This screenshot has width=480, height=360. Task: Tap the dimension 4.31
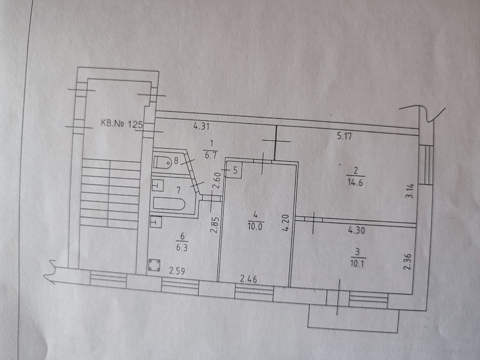[201, 127]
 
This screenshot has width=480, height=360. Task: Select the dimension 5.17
[344, 137]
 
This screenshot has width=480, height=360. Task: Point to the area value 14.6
[356, 182]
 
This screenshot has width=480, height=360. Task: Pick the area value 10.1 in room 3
[359, 264]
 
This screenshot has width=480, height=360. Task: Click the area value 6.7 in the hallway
[210, 155]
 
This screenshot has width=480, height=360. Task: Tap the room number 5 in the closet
[235, 171]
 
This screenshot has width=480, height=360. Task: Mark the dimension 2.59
[177, 271]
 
